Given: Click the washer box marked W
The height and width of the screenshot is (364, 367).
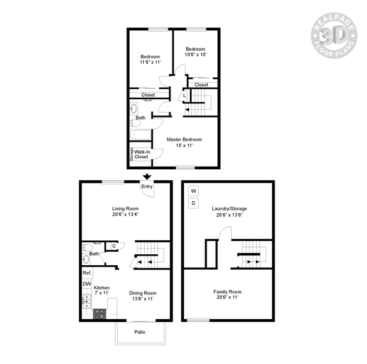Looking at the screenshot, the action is tap(193, 191).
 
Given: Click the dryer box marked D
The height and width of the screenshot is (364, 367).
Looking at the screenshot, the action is tap(193, 203).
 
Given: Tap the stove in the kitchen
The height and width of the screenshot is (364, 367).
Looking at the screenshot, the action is tap(99, 314).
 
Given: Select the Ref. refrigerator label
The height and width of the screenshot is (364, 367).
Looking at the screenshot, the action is tap(87, 273).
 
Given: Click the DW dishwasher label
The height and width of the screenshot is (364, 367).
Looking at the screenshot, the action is tap(87, 284).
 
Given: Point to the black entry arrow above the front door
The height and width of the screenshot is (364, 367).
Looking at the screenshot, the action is tap(147, 177).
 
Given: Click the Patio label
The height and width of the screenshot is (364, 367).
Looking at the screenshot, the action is tap(140, 332).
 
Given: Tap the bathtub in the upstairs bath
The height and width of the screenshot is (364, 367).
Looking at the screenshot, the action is tap(141, 135).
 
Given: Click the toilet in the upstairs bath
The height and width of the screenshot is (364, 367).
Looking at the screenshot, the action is tap(135, 123).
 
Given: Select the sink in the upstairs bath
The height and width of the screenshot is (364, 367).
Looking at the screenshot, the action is tap(134, 109).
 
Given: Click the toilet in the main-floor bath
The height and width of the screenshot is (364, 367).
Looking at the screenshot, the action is tap(87, 248).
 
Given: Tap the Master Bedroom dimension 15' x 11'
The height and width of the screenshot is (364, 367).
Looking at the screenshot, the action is tap(184, 145).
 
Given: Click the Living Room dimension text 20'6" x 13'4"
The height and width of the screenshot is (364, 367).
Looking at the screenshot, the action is tap(125, 215).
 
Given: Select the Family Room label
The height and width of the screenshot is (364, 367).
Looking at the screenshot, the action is tap(227, 292).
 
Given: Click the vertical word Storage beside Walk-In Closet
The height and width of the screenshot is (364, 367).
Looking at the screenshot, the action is tap(132, 154).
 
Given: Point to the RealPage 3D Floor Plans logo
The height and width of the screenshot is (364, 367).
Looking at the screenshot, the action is tap(334, 36).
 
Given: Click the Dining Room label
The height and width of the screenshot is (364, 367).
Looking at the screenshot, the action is tap(143, 293).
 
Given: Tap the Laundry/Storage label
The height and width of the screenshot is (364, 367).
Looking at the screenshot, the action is tap(230, 209).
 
